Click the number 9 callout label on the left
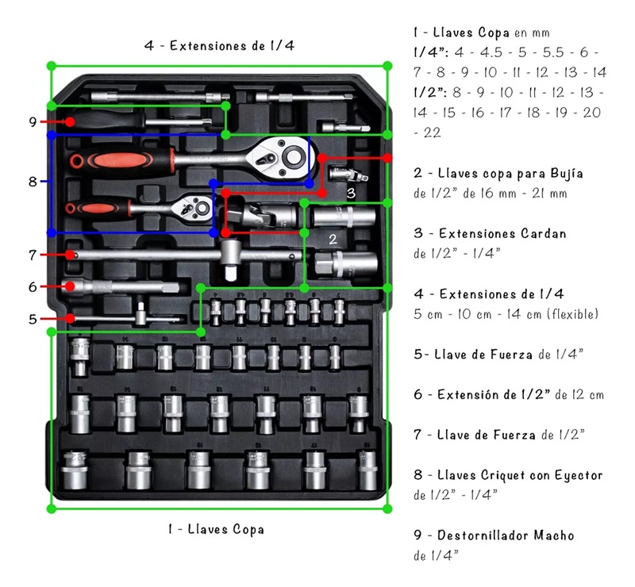pyautogui.click(x=33, y=122)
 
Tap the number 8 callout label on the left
pyautogui.click(x=33, y=182)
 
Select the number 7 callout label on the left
pyautogui.click(x=33, y=255)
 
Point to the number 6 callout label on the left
pyautogui.click(x=33, y=286)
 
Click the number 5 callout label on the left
pyautogui.click(x=33, y=319)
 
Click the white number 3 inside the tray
pyautogui.click(x=350, y=192)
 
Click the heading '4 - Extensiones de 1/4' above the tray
pyautogui.click(x=219, y=45)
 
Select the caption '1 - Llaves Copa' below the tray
pyautogui.click(x=215, y=528)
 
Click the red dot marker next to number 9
pyautogui.click(x=71, y=122)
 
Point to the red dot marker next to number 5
pyautogui.click(x=71, y=319)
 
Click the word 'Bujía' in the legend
pyautogui.click(x=566, y=173)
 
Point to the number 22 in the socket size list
pyautogui.click(x=432, y=132)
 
